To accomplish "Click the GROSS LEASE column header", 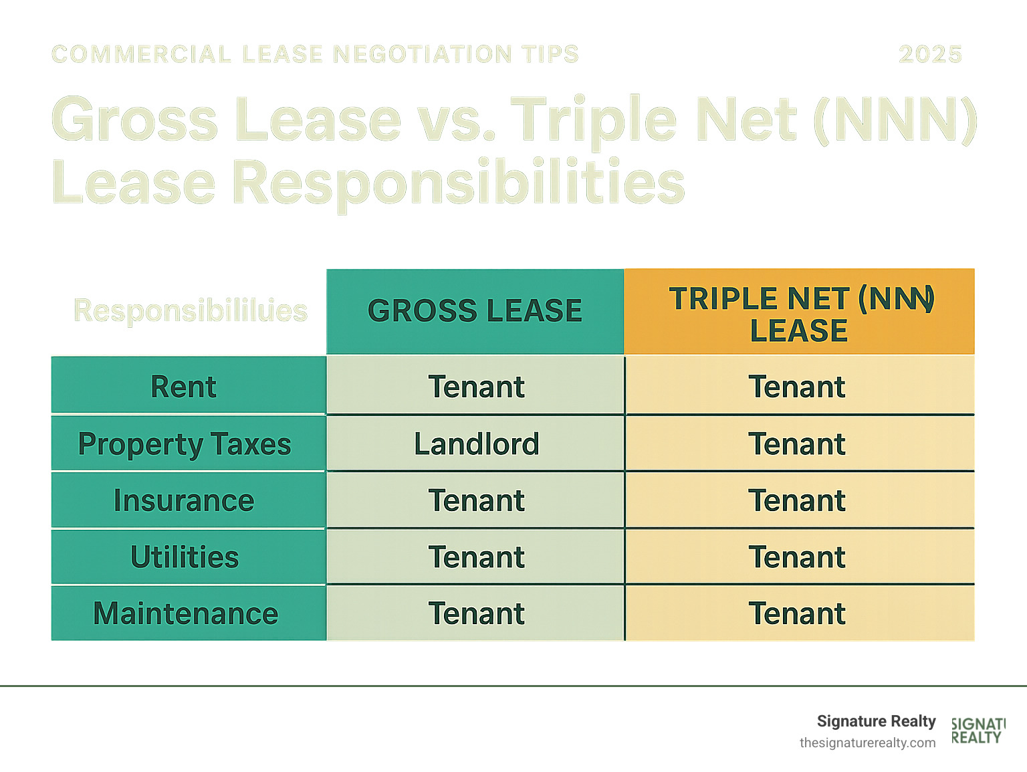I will click(475, 311).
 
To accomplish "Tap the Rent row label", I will click(184, 387).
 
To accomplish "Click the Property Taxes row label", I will click(185, 444).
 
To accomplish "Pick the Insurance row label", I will click(184, 500).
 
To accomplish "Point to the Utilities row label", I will click(185, 557).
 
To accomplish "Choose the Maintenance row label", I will click(185, 613).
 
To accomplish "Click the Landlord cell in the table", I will click(476, 444).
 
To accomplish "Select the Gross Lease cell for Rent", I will click(476, 387).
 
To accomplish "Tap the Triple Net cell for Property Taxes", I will click(797, 444).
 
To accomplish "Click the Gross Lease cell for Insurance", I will click(476, 500).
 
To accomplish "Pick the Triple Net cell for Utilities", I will click(797, 557).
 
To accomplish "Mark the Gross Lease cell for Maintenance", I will click(476, 613).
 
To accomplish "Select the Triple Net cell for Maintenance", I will click(797, 613).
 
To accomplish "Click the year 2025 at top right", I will click(930, 54).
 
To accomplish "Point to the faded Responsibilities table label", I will click(191, 310).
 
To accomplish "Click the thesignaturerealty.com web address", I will click(867, 743).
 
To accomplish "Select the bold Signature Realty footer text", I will click(876, 721).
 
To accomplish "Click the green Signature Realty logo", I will click(978, 731).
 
